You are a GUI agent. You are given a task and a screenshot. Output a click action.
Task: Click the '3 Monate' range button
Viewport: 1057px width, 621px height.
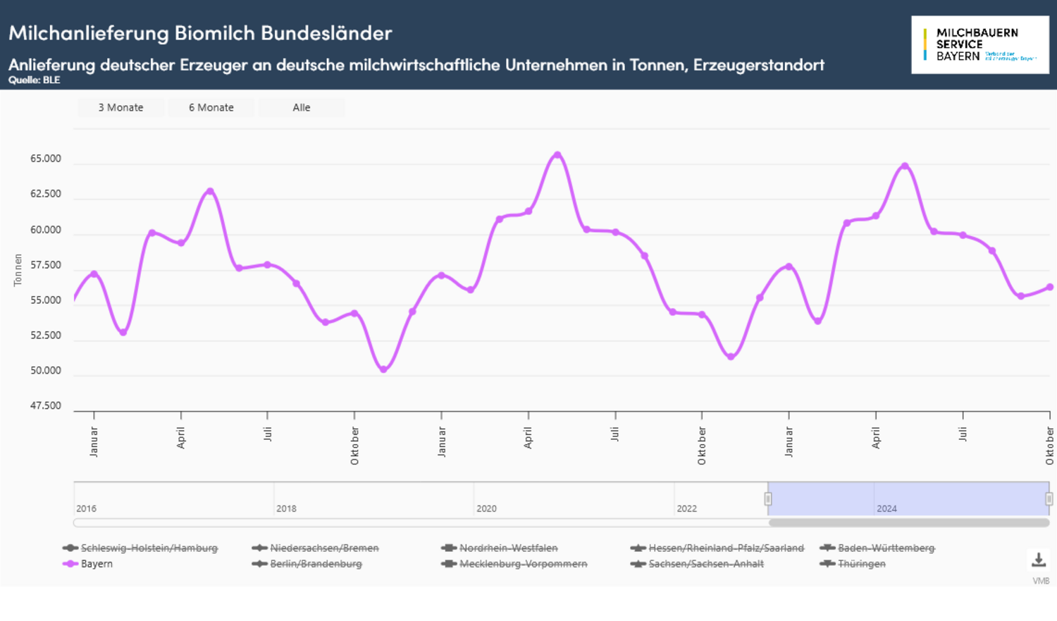click(x=120, y=108)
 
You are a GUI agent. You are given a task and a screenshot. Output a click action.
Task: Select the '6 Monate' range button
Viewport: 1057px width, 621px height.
click(x=211, y=108)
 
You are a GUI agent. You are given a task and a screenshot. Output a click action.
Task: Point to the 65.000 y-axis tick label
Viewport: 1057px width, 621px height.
click(x=46, y=159)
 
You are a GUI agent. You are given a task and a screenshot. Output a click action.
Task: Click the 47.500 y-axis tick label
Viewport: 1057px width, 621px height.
click(x=46, y=406)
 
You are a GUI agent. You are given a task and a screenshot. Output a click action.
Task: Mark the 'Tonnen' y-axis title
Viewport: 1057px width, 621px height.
click(x=18, y=270)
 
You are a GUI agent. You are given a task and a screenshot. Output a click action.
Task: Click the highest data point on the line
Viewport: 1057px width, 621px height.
click(x=557, y=155)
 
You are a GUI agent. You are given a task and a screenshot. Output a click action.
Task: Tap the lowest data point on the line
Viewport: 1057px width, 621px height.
click(x=383, y=369)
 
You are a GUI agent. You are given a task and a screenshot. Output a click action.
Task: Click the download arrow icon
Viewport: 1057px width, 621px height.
click(x=1039, y=560)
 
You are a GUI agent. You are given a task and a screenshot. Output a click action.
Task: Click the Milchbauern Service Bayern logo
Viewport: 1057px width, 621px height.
click(x=979, y=44)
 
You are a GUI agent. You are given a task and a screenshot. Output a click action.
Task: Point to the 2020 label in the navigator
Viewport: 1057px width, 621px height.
click(x=486, y=508)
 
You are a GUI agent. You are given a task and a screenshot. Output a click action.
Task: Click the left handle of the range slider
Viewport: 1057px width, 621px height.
click(x=768, y=499)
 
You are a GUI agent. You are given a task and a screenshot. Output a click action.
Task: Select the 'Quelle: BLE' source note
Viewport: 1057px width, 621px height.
click(x=35, y=80)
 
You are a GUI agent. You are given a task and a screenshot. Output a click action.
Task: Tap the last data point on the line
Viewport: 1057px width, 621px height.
click(x=1050, y=287)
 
